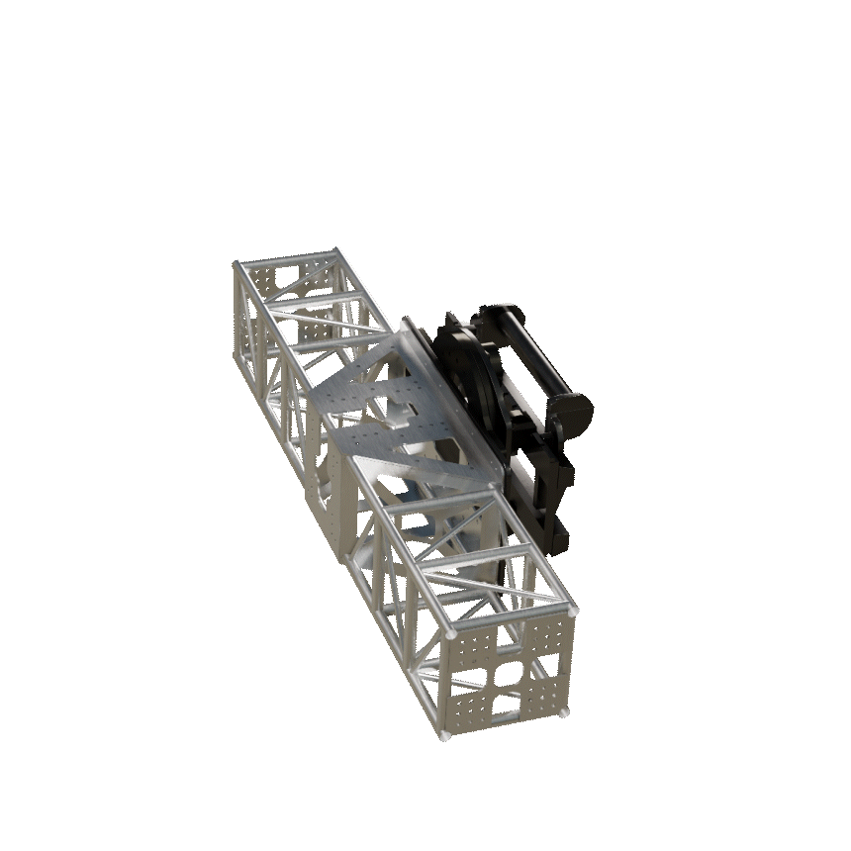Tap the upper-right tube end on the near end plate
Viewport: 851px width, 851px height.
573,611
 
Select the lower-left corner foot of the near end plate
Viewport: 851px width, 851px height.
442,736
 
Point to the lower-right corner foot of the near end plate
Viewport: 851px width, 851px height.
565,711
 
